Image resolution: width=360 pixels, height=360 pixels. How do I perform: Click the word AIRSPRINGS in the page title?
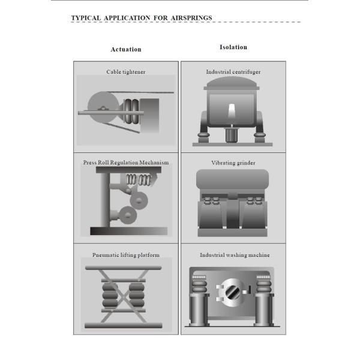tap(191, 18)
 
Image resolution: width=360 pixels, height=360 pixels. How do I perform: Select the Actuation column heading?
tap(126, 49)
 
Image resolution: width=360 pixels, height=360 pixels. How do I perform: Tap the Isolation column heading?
tap(233, 47)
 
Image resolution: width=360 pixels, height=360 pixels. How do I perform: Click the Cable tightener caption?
tap(126, 72)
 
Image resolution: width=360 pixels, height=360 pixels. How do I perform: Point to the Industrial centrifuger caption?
tap(233, 72)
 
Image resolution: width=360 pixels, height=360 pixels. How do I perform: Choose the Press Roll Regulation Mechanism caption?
tap(126, 163)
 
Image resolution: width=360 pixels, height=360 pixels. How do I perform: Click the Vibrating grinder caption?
tap(233, 163)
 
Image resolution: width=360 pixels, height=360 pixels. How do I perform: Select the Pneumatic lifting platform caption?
tap(126, 255)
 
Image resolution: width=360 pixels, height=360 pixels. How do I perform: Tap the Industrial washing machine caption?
tap(235, 255)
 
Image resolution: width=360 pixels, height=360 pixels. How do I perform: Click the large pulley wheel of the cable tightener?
tap(103, 107)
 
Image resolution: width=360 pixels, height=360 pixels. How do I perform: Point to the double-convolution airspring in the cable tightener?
tap(132, 111)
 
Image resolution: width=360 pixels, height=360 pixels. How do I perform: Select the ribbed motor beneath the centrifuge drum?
tap(232, 135)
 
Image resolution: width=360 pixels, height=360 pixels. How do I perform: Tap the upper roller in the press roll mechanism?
tap(139, 200)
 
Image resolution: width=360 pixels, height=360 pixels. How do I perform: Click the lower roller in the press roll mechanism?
tap(128, 215)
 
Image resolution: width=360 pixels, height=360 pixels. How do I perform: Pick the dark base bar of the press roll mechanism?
tap(129, 231)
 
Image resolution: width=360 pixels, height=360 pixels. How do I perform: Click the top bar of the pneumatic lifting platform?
tap(123, 268)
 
